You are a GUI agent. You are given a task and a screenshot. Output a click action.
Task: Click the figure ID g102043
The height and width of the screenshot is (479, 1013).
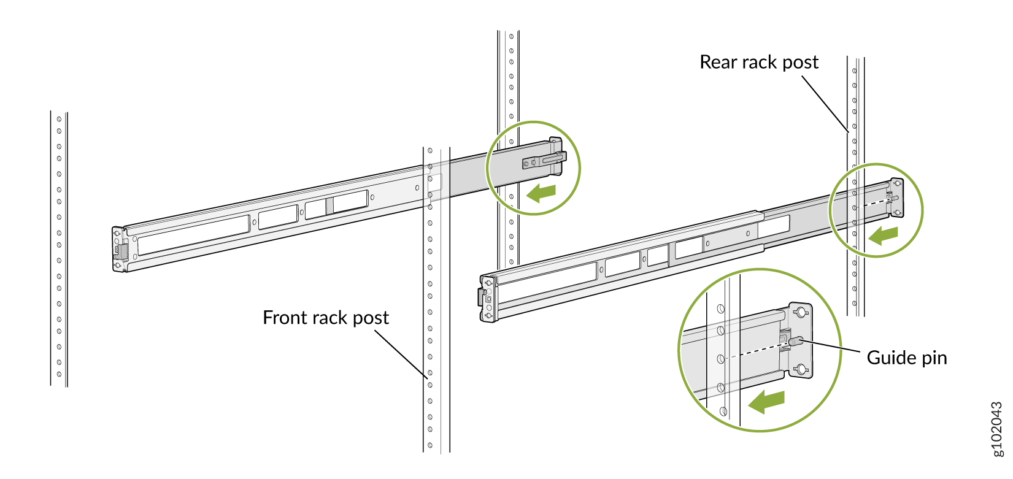998,429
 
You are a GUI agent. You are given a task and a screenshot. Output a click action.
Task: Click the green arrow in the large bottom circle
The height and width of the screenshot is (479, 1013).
766,402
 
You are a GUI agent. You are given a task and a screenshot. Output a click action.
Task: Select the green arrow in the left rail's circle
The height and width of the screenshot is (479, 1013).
541,193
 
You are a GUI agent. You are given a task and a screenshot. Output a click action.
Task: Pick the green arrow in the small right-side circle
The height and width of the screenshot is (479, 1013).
884,236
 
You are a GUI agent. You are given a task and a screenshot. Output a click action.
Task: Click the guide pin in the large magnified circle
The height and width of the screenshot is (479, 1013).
796,340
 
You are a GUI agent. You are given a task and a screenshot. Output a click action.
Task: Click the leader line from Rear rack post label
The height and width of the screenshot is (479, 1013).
825,104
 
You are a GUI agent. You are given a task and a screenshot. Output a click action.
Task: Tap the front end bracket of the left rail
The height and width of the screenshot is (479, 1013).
119,249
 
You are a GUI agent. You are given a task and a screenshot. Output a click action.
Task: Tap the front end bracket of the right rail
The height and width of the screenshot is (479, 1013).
487,299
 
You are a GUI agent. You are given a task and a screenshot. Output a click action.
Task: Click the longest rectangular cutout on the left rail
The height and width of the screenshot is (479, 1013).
193,235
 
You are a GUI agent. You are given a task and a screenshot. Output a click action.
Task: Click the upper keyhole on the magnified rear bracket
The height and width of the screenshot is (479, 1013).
801,313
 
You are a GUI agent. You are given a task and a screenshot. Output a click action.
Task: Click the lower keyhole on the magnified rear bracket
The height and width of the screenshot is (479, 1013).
800,369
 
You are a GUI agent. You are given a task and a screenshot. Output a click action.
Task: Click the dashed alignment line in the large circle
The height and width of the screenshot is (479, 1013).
755,352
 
